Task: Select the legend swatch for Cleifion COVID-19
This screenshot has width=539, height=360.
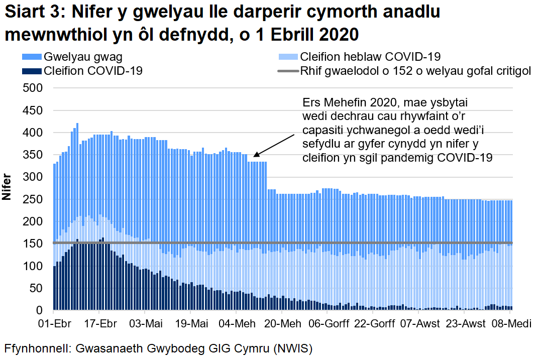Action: tap(32, 71)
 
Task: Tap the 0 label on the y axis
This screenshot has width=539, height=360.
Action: tap(42, 311)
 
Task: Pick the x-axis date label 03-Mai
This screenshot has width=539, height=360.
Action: tap(145, 323)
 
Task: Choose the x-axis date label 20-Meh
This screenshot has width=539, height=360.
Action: tap(282, 323)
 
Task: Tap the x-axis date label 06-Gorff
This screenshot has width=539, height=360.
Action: tap(327, 323)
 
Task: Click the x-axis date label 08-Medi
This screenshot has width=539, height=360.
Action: tap(509, 323)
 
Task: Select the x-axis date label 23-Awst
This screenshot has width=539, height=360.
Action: tap(464, 323)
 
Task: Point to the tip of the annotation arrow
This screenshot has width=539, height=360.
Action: tap(253, 157)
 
